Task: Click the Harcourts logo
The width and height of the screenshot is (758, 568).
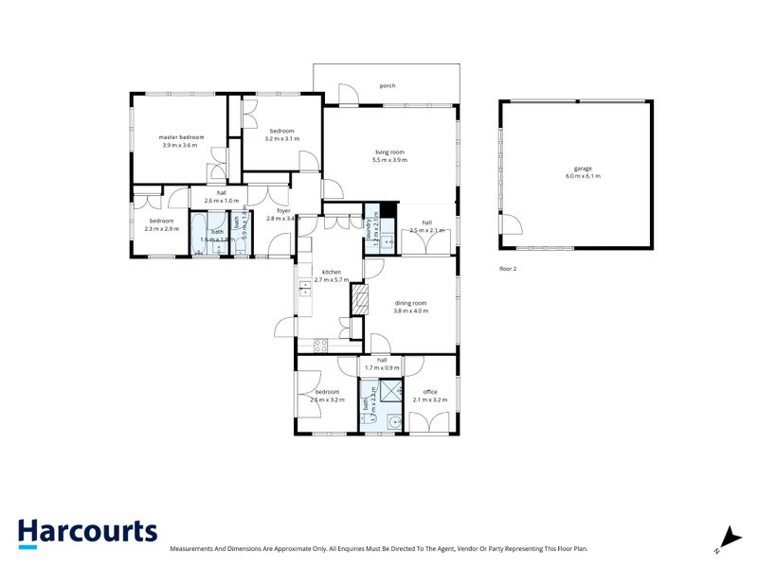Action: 87,532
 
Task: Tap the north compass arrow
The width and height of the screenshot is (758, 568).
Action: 728,538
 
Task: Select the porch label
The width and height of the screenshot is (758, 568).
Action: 387,86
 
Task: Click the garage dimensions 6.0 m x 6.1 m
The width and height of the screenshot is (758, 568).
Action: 583,176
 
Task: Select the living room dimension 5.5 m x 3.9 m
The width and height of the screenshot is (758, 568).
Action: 389,161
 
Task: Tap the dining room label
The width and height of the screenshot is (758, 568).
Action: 411,303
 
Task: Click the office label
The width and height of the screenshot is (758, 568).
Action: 429,392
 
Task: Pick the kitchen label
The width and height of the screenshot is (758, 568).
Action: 330,273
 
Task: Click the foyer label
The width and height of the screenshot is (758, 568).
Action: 283,211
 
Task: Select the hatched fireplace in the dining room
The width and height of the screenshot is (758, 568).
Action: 359,301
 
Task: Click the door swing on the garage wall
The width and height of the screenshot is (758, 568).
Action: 512,227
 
